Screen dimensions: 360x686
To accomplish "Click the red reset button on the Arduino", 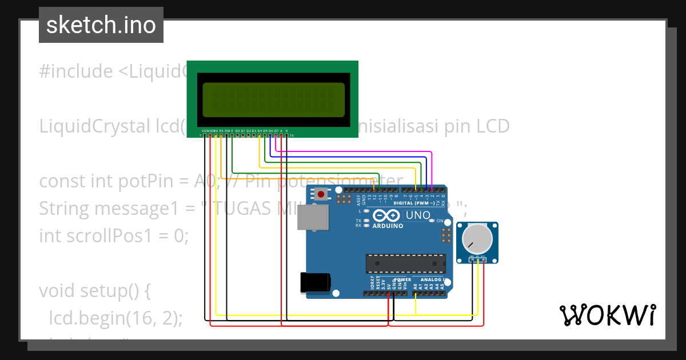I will [321, 194].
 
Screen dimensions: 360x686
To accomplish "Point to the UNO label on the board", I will [417, 215].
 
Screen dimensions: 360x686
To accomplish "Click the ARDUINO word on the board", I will [388, 226].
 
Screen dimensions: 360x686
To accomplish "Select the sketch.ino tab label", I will [101, 25].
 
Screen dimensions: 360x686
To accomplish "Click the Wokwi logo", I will [607, 315].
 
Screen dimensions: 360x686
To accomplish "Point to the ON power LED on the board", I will [440, 221].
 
